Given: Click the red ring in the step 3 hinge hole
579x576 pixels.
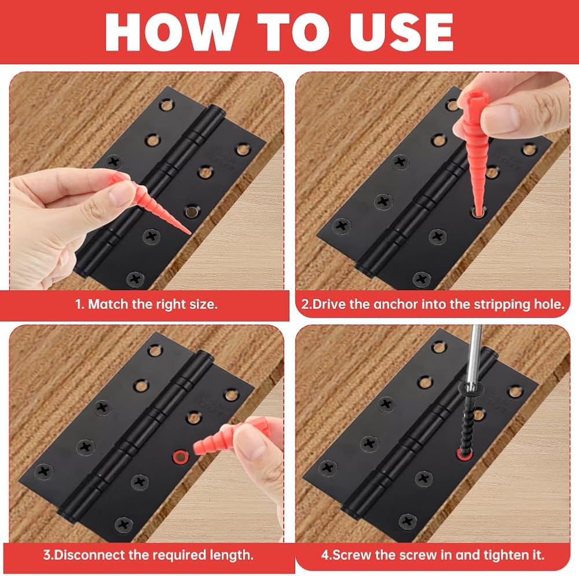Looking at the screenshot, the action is [181, 457].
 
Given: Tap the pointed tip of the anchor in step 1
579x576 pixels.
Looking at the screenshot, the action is [190, 234].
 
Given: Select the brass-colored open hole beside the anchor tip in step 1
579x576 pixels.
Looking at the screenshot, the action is [192, 211].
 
